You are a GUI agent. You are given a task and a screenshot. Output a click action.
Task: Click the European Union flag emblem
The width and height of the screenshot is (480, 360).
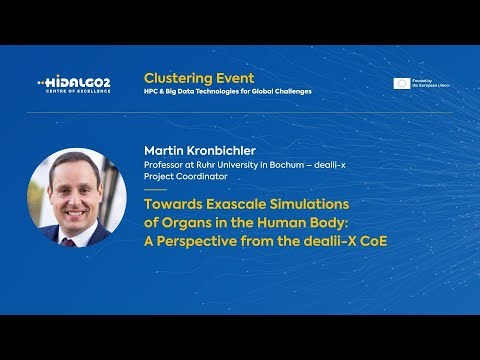point(401,84)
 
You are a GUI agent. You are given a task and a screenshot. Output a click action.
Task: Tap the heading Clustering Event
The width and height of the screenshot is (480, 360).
point(199,77)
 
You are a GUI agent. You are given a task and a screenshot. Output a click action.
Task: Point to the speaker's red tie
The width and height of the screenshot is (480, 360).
point(68,240)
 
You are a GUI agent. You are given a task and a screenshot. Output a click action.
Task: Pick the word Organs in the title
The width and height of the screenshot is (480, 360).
point(185,222)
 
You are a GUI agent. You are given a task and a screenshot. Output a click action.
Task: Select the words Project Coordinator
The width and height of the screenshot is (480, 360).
point(186,176)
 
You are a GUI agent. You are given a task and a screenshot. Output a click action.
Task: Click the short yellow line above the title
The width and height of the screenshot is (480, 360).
point(156,189)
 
